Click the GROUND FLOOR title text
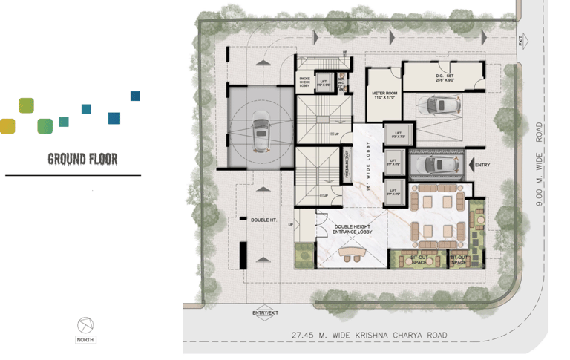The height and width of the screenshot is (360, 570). [82, 159]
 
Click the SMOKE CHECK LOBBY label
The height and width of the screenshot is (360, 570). [304, 82]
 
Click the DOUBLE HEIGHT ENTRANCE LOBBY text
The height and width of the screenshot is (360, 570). [353, 229]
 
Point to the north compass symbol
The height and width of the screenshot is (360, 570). [86, 324]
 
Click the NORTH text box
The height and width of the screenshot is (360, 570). [86, 340]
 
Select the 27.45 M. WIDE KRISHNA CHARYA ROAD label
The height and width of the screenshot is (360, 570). [370, 335]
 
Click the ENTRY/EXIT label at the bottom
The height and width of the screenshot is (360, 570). [264, 313]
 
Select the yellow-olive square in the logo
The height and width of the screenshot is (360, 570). [7, 125]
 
